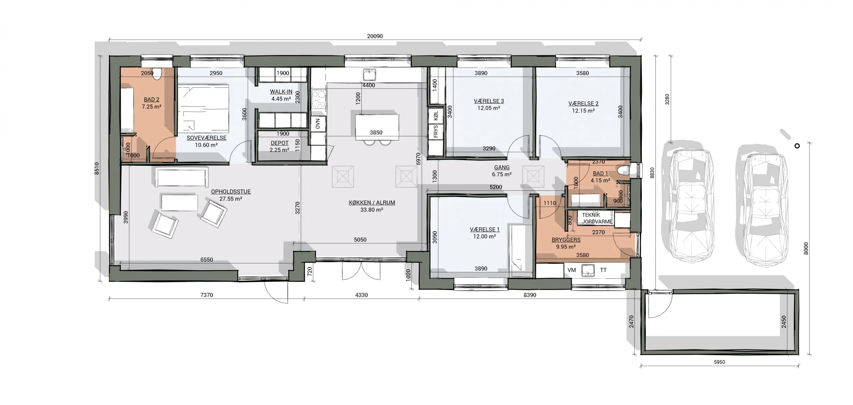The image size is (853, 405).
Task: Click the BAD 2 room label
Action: tap(151, 100)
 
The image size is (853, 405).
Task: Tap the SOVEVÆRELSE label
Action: tap(206, 138)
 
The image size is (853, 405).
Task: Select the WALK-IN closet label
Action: tap(281, 92)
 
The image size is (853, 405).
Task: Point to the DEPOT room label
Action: tap(279, 143)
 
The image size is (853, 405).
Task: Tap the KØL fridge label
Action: tap(436, 116)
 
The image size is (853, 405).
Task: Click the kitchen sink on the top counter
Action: tap(369, 75)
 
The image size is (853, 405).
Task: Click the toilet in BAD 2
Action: tap(157, 74)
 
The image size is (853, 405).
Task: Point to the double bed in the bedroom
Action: tap(203, 109)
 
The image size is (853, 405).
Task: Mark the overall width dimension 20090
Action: tap(375, 36)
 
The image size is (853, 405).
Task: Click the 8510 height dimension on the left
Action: tap(97, 168)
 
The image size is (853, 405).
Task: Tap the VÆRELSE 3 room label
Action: tap(489, 101)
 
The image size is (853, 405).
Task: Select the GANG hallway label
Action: tap(502, 168)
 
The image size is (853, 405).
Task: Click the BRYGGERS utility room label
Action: tap(566, 240)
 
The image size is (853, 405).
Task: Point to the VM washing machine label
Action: tap(572, 270)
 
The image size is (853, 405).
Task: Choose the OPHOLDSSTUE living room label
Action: tap(231, 192)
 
